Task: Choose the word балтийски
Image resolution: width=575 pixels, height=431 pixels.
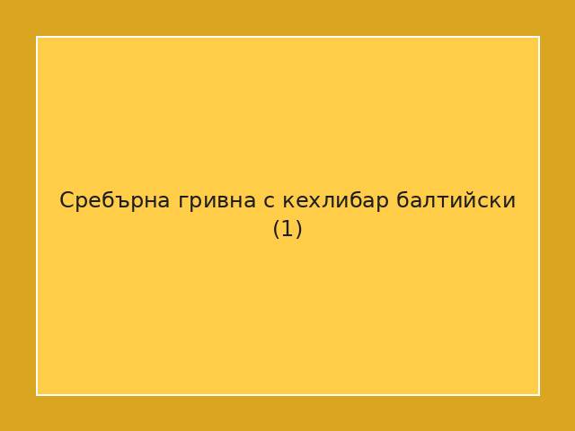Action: pyautogui.click(x=456, y=200)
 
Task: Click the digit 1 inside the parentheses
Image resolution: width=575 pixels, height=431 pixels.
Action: pyautogui.click(x=287, y=229)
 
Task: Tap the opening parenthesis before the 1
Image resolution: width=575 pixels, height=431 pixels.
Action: pyautogui.click(x=277, y=229)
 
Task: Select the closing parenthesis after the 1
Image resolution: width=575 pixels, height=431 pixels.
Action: pyautogui.click(x=298, y=229)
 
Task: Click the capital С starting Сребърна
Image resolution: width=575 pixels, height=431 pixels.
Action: pyautogui.click(x=66, y=200)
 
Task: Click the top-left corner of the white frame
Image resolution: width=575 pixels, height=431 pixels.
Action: pyautogui.click(x=37, y=37)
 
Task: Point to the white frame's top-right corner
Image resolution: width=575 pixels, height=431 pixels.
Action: pyautogui.click(x=539, y=37)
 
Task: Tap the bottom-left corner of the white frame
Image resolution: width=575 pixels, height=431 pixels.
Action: pyautogui.click(x=37, y=394)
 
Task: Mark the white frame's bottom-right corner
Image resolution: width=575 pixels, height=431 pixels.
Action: pyautogui.click(x=539, y=394)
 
